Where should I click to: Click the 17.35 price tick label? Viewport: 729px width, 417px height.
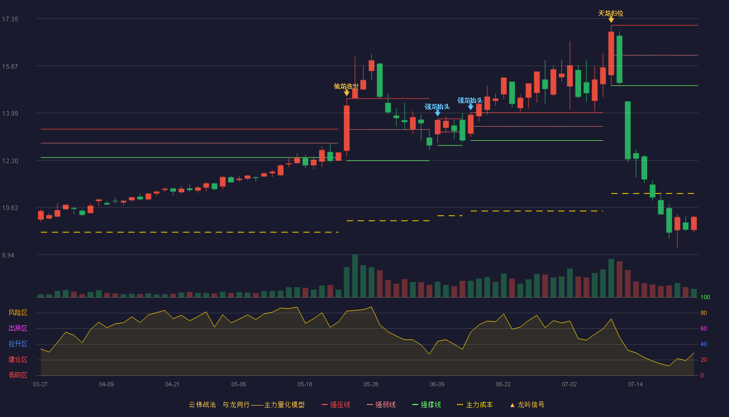click(10, 19)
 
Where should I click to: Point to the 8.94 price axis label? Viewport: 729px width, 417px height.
click(8, 255)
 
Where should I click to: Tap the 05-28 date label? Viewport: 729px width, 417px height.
click(371, 385)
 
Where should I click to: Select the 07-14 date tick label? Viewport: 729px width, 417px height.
click(635, 385)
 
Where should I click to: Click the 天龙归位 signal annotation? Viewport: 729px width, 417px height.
click(610, 14)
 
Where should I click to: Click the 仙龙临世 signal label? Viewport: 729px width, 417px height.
click(346, 87)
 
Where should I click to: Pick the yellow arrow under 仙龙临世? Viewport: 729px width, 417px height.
click(347, 93)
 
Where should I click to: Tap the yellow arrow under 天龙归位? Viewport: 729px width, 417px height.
click(611, 20)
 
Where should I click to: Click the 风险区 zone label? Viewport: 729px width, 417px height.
click(18, 313)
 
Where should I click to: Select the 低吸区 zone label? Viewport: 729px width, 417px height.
click(18, 375)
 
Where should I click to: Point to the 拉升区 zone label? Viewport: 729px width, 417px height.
click(18, 344)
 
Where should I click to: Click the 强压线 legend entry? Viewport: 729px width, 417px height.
click(336, 405)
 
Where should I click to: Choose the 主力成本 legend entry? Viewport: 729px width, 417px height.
click(475, 405)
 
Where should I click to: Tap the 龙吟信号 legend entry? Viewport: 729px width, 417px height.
click(527, 405)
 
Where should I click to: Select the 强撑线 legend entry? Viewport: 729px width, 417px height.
click(426, 405)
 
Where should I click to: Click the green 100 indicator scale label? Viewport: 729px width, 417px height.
click(705, 297)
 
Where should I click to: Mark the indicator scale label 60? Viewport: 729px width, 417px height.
click(703, 328)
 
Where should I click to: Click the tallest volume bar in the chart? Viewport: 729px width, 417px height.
click(355, 276)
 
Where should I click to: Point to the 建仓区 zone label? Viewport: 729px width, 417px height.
click(18, 360)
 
